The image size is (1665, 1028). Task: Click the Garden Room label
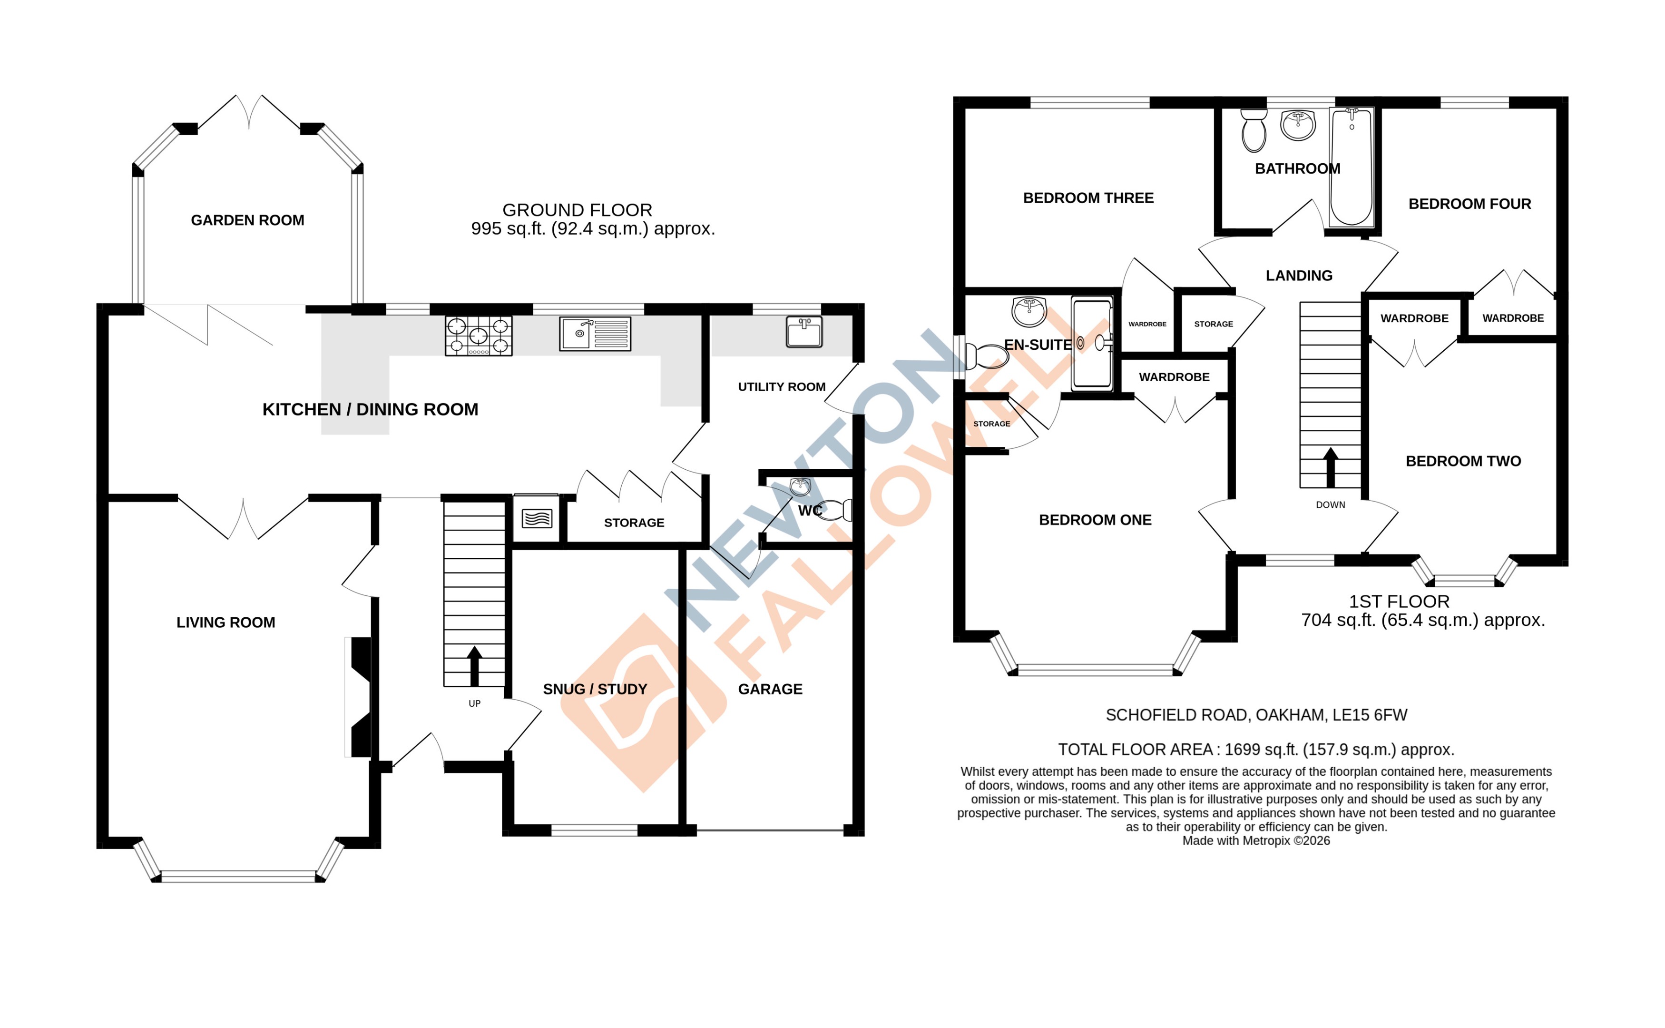[247, 220]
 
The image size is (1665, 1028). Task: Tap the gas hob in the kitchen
[479, 336]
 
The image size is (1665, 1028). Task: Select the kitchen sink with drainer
[595, 334]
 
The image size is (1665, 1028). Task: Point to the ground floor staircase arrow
[474, 666]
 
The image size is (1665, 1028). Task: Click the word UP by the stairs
[474, 704]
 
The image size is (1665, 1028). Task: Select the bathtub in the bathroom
[1351, 167]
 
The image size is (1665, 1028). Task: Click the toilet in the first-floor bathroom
[1253, 131]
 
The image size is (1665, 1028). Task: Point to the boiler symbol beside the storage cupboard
[536, 519]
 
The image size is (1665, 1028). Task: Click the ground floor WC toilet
[835, 509]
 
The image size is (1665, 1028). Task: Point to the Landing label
[1298, 276]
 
